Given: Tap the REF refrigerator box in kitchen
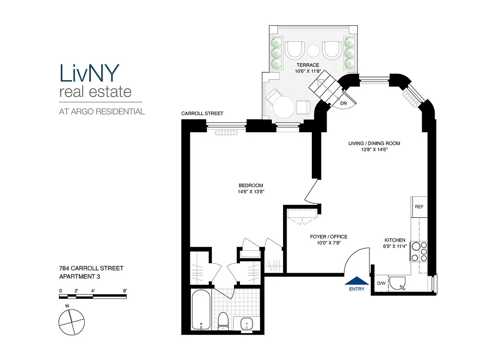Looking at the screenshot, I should pyautogui.click(x=418, y=207).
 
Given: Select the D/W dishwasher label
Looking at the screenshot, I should pyautogui.click(x=381, y=283).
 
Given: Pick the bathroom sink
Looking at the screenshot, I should pyautogui.click(x=247, y=323).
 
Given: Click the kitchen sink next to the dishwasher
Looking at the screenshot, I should pyautogui.click(x=398, y=283).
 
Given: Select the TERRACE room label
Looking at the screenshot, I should pyautogui.click(x=307, y=65).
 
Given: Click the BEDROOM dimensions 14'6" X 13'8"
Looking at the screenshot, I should pyautogui.click(x=251, y=191).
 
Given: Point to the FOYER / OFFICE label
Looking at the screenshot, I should pyautogui.click(x=328, y=237).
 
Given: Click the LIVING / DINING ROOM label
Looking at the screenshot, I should pyautogui.click(x=374, y=144).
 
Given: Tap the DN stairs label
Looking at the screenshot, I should pyautogui.click(x=343, y=103).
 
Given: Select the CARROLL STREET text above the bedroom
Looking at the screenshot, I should pyautogui.click(x=202, y=113).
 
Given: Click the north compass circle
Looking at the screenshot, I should pyautogui.click(x=71, y=321).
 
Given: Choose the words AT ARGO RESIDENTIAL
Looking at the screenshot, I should pyautogui.click(x=102, y=112).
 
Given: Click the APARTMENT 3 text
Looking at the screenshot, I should pyautogui.click(x=79, y=277).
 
